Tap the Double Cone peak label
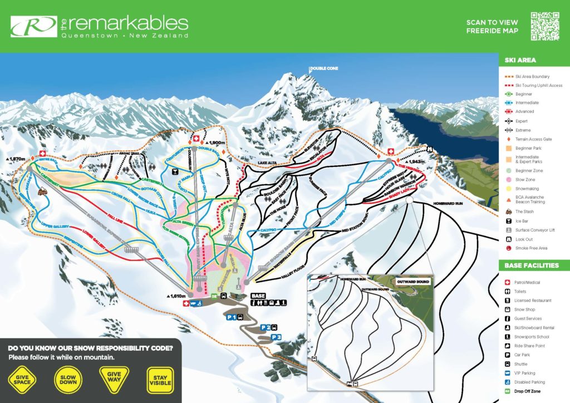pos(324,68)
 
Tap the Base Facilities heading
pos(532,266)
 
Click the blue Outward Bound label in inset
pos(414,282)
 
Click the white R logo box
pos(33,26)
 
